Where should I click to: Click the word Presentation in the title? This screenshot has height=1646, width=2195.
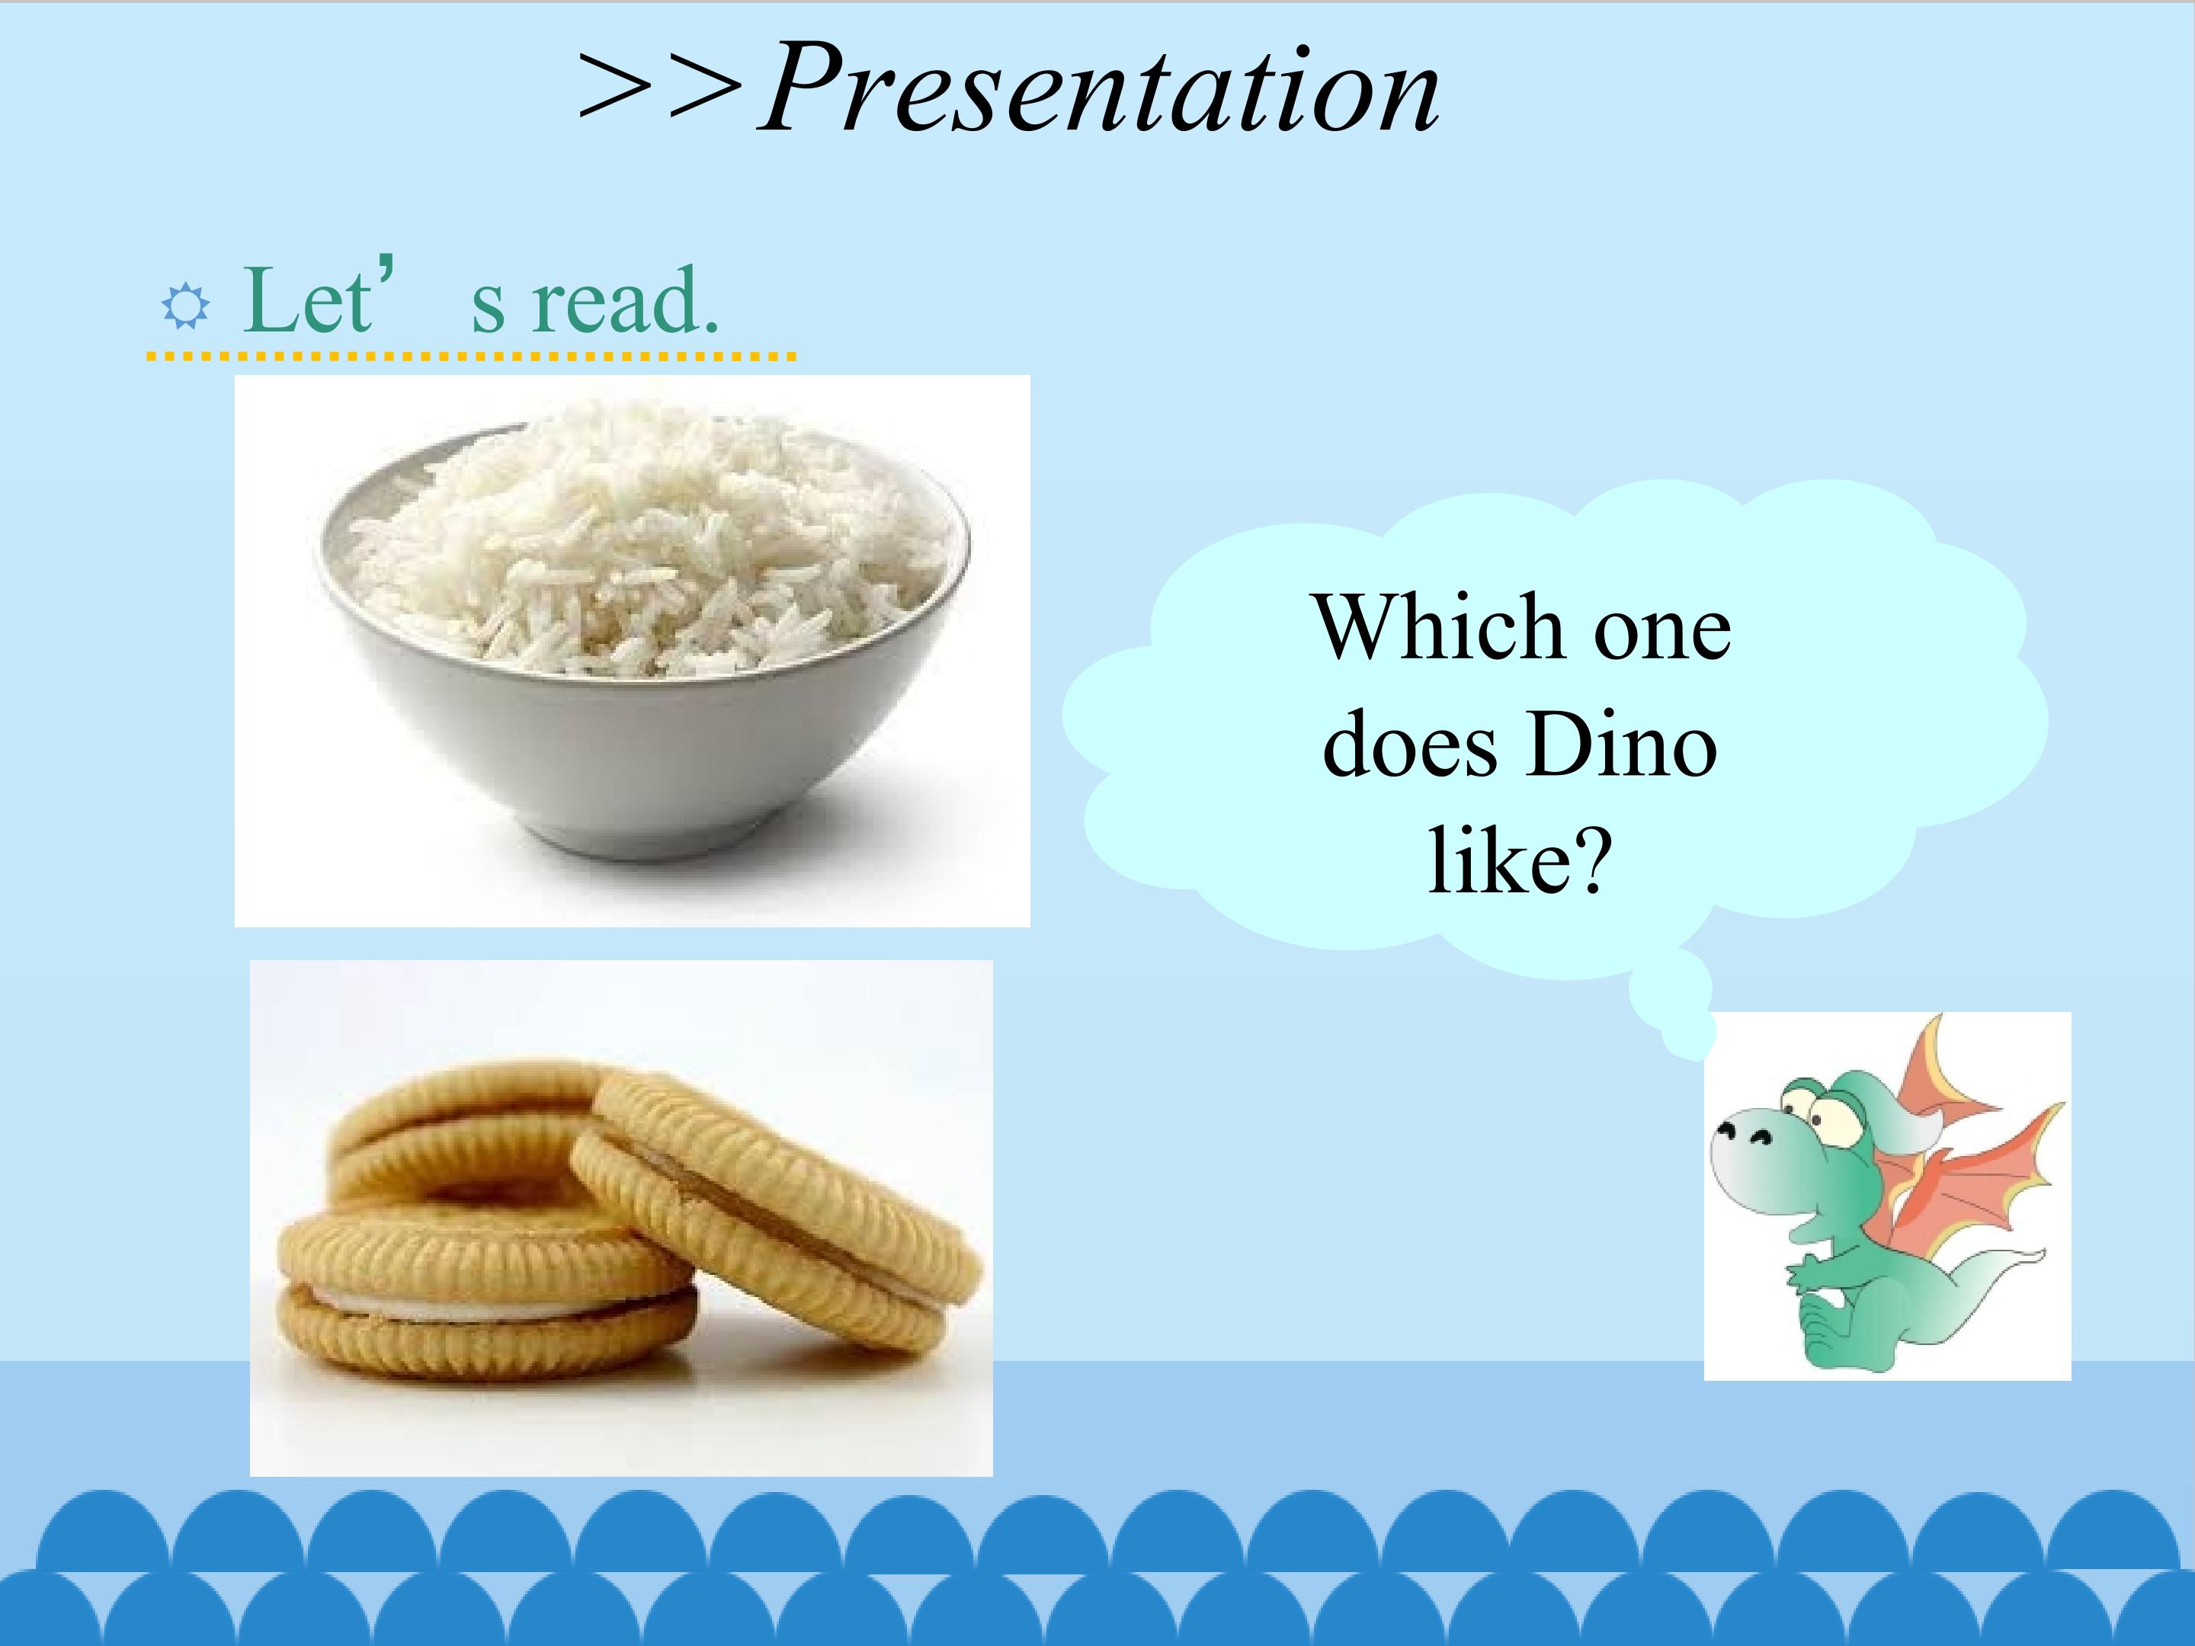pos(1100,89)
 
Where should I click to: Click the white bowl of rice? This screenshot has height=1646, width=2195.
pos(643,635)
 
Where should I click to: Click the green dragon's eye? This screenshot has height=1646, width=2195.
pos(1824,1114)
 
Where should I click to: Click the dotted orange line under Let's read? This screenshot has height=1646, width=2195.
pos(471,355)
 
